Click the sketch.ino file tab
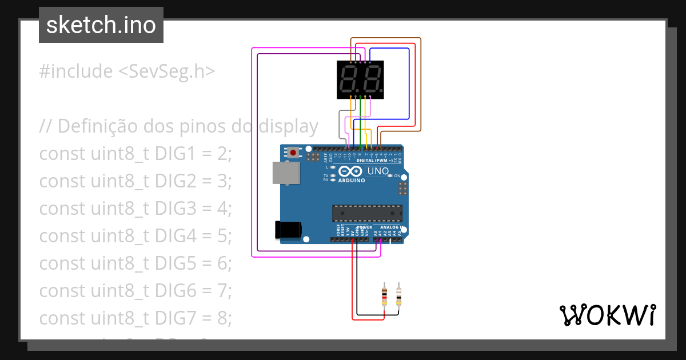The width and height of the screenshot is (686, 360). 101,25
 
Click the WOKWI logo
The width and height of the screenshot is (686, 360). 607,315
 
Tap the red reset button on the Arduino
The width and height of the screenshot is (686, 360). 293,153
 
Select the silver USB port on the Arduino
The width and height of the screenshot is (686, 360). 285,173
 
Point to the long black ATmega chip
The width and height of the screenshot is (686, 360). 367,213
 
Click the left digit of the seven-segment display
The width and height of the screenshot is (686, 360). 348,80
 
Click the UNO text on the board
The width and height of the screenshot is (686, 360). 378,171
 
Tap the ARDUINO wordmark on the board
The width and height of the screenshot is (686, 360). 352,181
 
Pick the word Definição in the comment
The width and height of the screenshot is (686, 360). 97,126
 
